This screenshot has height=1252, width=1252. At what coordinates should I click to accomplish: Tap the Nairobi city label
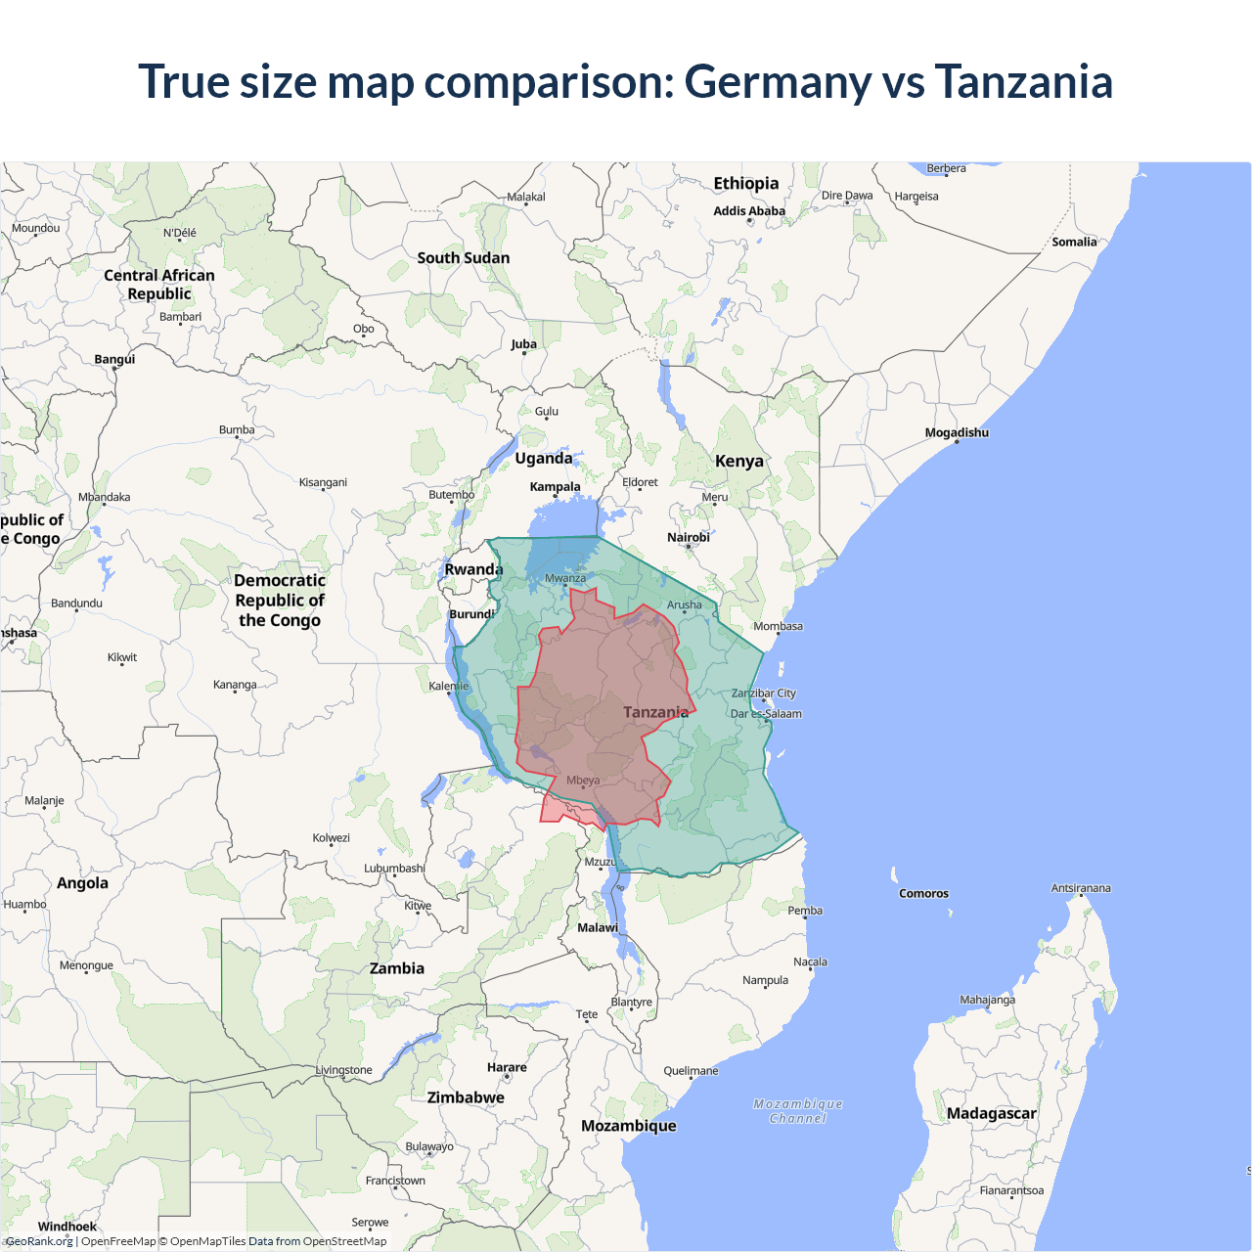tap(689, 537)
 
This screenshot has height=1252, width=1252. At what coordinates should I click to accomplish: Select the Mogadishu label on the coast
tap(957, 432)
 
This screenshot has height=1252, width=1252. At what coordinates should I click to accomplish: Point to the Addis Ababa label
tap(749, 210)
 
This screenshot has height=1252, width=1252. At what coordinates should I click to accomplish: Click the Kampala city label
tap(555, 486)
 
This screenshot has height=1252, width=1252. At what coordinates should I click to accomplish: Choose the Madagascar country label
tap(991, 1113)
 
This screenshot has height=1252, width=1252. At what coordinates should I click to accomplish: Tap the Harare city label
tap(507, 1067)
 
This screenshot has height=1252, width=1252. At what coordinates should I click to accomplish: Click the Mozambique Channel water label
tap(798, 1111)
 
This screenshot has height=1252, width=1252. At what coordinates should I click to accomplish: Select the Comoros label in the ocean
tap(923, 893)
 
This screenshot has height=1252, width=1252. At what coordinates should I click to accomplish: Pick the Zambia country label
tap(397, 968)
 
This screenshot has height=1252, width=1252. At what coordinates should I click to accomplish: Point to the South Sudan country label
tap(464, 258)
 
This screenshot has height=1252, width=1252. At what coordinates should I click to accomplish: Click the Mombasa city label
tap(778, 626)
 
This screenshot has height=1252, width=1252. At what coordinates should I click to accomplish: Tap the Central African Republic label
tap(159, 285)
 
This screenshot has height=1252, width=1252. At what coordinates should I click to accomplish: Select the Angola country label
tap(82, 883)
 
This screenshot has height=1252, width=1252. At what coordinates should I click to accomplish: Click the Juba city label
tap(523, 344)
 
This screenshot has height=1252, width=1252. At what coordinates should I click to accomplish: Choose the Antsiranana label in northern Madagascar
tap(1081, 888)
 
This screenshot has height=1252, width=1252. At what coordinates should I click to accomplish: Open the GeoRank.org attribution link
tap(39, 1241)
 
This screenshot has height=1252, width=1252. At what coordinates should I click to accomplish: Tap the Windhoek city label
tap(67, 1227)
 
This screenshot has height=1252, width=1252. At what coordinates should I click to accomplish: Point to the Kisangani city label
tap(323, 482)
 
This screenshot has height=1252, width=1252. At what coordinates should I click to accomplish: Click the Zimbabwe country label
tap(466, 1097)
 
